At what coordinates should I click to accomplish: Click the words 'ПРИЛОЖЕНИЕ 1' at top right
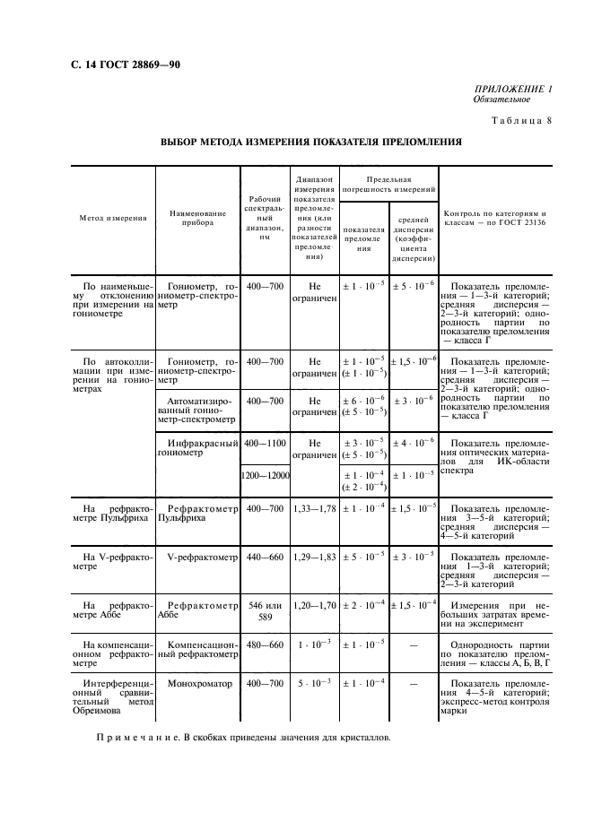(512, 89)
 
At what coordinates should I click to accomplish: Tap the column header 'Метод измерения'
(112, 218)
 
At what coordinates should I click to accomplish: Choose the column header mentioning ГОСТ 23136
(494, 218)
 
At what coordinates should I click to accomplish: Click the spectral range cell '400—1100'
(265, 443)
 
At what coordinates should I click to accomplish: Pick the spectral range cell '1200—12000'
(265, 476)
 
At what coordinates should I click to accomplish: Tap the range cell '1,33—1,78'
(314, 508)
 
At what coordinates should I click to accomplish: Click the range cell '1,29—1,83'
(314, 557)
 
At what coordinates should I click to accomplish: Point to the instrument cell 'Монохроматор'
(199, 683)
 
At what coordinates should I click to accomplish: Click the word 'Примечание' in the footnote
(133, 737)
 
